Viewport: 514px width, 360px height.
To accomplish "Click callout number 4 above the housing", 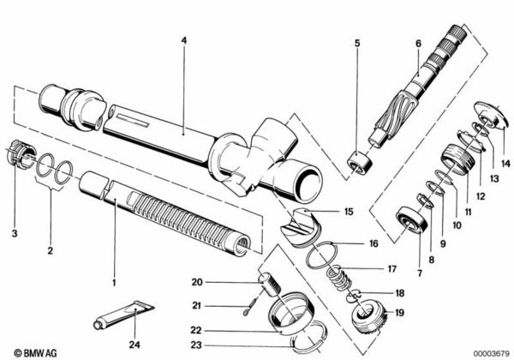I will pyautogui.click(x=182, y=39).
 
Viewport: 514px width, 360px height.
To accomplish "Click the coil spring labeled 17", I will pyautogui.click(x=342, y=276).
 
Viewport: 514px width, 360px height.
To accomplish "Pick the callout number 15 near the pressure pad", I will pyautogui.click(x=349, y=211).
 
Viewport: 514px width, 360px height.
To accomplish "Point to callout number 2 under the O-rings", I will pyautogui.click(x=51, y=251).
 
